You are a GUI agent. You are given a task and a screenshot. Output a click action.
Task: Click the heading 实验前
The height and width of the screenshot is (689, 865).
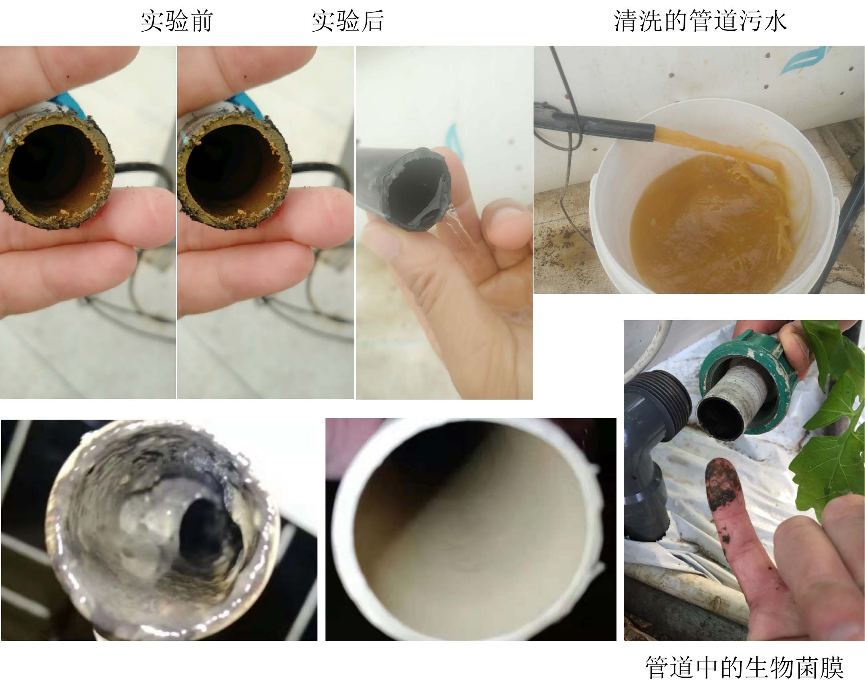coord(176,21)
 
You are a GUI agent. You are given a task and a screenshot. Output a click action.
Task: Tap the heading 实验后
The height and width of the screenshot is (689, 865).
coord(348,21)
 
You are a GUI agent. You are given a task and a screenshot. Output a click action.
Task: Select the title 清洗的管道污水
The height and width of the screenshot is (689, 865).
coord(700,21)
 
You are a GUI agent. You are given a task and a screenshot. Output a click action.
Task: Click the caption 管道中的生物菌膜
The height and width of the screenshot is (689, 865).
coord(745,667)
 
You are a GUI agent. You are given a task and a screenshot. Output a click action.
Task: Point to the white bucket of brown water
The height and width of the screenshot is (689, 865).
coord(714,201)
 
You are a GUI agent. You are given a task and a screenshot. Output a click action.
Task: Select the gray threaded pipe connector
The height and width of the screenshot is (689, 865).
coord(654,453)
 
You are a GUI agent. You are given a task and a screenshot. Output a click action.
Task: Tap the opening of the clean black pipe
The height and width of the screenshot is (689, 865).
coord(417,189)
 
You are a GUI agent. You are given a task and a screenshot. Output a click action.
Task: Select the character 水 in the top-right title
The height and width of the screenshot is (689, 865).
coord(775,21)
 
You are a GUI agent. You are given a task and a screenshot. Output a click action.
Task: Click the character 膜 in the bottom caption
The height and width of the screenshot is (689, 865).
coord(832,667)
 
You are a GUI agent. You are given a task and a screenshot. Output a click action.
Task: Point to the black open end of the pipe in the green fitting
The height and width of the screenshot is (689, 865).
coord(720,417)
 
